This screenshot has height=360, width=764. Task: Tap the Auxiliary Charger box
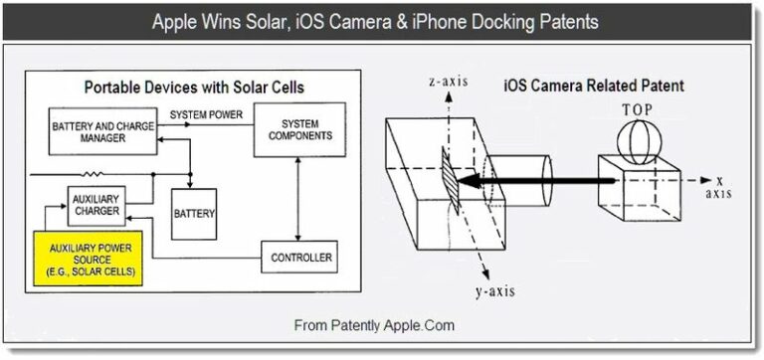point(96,204)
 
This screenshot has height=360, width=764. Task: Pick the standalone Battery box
point(194,213)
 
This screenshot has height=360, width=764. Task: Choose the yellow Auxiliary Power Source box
point(88,258)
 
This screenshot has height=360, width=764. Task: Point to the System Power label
point(206,114)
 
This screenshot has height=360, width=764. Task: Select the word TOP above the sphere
point(638,110)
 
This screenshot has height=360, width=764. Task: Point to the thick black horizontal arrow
point(537,182)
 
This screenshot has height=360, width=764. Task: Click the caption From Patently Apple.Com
point(374,325)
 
